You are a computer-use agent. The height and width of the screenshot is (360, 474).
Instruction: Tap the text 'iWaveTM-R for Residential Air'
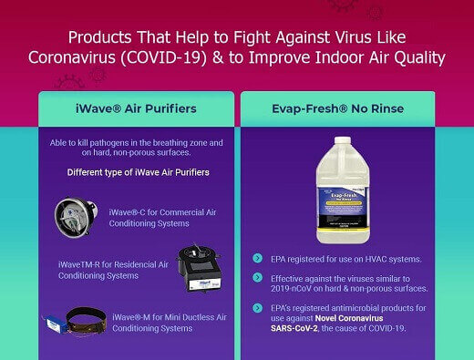113,264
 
